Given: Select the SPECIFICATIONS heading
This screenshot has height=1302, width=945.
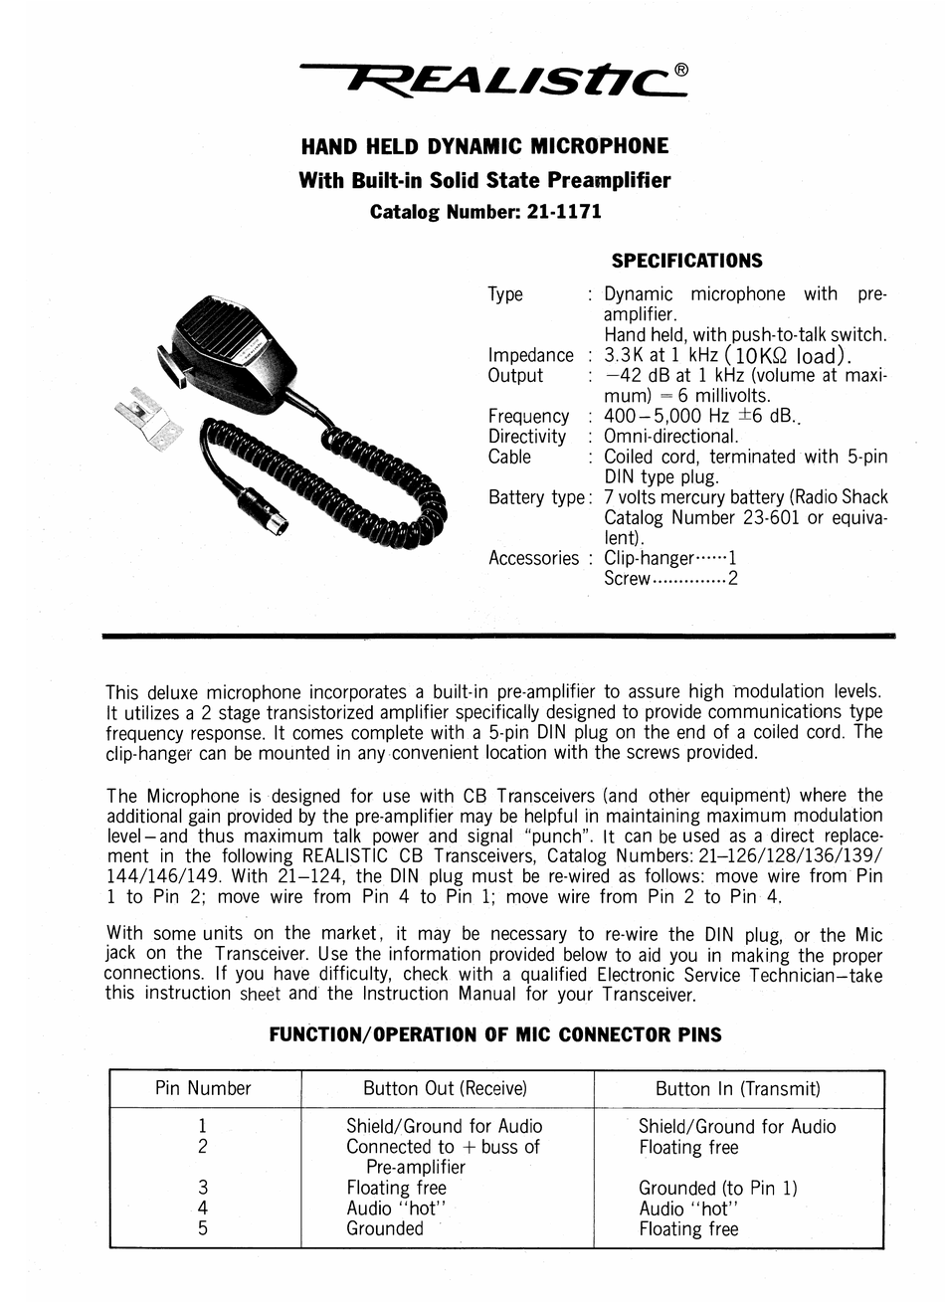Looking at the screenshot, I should [687, 262].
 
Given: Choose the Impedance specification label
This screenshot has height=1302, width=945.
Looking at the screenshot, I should [530, 355].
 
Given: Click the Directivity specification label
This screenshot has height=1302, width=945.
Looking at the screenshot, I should [526, 437].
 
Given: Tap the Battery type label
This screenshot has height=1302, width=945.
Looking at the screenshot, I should [537, 497].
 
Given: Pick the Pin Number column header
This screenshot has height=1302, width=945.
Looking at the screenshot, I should [203, 1088].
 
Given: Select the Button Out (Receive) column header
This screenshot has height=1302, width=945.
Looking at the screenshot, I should [445, 1088].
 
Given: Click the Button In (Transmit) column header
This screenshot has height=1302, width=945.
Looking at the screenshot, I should [737, 1088].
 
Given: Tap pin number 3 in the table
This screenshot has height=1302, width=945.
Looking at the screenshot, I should [203, 1187].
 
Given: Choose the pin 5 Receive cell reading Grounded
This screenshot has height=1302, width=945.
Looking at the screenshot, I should [384, 1228].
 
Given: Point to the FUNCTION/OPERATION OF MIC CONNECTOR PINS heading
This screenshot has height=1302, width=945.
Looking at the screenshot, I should [495, 1034].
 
